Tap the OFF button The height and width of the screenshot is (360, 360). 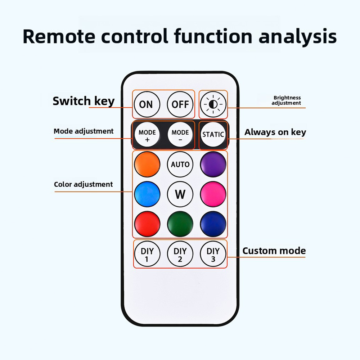tap(180, 104)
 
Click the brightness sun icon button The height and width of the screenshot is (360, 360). tap(213, 104)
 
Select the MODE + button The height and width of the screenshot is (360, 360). tap(147, 135)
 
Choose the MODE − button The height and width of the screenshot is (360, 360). tap(180, 135)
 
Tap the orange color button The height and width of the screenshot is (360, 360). tap(147, 165)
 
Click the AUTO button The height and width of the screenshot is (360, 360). tap(180, 165)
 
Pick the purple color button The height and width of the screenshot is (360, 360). tap(213, 165)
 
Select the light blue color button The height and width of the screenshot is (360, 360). tap(147, 194)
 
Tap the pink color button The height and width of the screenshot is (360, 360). tap(213, 194)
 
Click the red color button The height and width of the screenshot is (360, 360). tap(147, 224)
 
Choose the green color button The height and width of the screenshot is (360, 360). tap(180, 224)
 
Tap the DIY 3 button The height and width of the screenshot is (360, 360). tap(213, 254)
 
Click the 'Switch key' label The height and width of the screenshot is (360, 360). tap(84, 101)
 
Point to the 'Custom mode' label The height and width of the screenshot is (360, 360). tap(274, 251)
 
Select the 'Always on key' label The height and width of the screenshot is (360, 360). tap(275, 132)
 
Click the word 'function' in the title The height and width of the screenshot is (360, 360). tap(213, 36)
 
